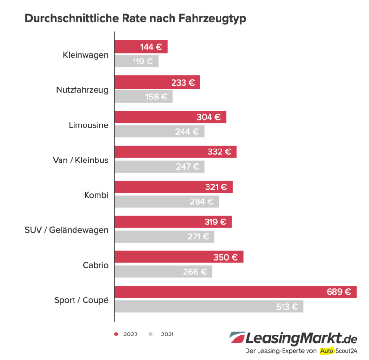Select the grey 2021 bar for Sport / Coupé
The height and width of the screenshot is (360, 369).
[x=209, y=306]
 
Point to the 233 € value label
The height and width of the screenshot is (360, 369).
[x=183, y=82]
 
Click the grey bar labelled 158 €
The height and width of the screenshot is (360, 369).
[x=144, y=97]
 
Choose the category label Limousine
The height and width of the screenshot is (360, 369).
[x=88, y=125]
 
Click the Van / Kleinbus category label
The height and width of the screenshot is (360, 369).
[x=80, y=160]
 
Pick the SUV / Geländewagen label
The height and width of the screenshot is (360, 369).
[x=66, y=230]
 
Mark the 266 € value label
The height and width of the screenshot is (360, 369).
[x=195, y=272]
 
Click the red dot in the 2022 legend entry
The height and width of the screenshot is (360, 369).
[x=116, y=334]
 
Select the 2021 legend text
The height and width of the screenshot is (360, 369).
[x=167, y=334]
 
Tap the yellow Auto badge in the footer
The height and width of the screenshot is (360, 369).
[x=327, y=351]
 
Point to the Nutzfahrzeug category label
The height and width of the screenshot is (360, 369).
[x=82, y=90]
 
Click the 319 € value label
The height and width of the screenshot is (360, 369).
[x=216, y=222]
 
